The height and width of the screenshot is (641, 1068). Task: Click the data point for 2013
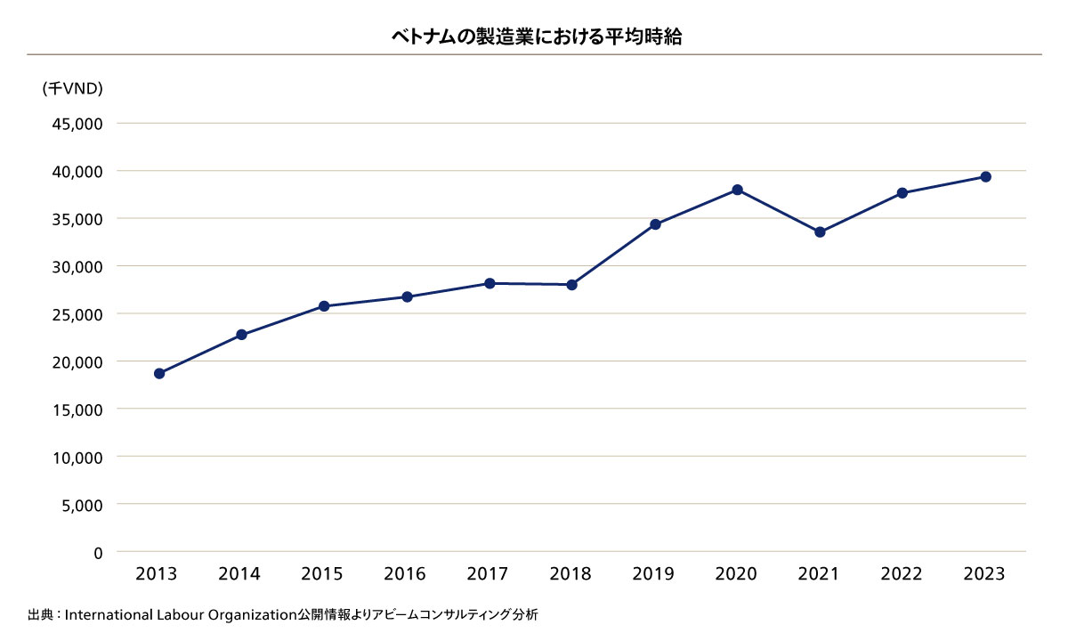(159, 373)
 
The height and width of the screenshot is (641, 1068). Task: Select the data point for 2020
(738, 190)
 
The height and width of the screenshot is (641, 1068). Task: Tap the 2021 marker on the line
(820, 232)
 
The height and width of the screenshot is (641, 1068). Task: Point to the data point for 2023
(985, 176)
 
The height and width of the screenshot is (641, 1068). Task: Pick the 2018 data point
(572, 285)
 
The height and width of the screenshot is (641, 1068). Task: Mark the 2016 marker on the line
(407, 296)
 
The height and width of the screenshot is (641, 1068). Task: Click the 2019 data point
(655, 224)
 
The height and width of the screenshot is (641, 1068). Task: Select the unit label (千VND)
(72, 88)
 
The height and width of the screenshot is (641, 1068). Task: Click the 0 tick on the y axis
(98, 553)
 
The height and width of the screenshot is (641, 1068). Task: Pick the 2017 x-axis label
(487, 574)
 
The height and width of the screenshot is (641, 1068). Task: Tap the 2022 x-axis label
(902, 574)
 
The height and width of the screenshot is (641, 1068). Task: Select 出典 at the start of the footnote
(40, 614)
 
